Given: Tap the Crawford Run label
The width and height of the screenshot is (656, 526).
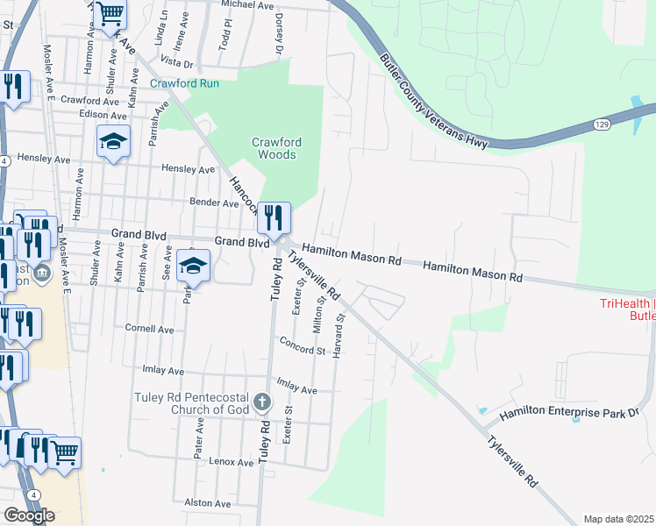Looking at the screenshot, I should click(x=184, y=84).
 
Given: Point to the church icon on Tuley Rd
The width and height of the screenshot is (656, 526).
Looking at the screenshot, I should click(x=260, y=402).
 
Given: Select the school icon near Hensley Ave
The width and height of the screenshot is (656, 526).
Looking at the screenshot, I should click(x=113, y=142).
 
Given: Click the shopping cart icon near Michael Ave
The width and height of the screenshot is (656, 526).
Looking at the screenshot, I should click(x=111, y=15).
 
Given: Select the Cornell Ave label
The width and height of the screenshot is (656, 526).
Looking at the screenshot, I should click(x=150, y=329).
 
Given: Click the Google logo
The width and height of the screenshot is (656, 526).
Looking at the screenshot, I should click(x=29, y=515).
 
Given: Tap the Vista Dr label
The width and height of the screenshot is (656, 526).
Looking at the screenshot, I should click(x=176, y=63).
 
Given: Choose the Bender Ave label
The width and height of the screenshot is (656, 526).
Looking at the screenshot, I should click(x=214, y=203).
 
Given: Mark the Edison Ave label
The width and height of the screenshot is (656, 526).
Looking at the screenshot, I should click(x=103, y=114).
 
